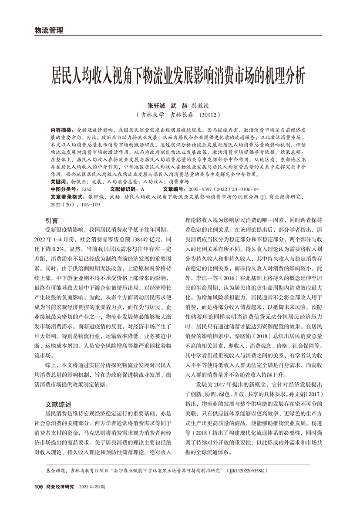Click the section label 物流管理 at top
pyautogui.click(x=48, y=30)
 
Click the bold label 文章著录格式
pyautogui.click(x=68, y=197)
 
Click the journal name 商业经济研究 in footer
pyautogui.click(x=61, y=486)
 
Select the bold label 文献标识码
pyautogui.click(x=124, y=189)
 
